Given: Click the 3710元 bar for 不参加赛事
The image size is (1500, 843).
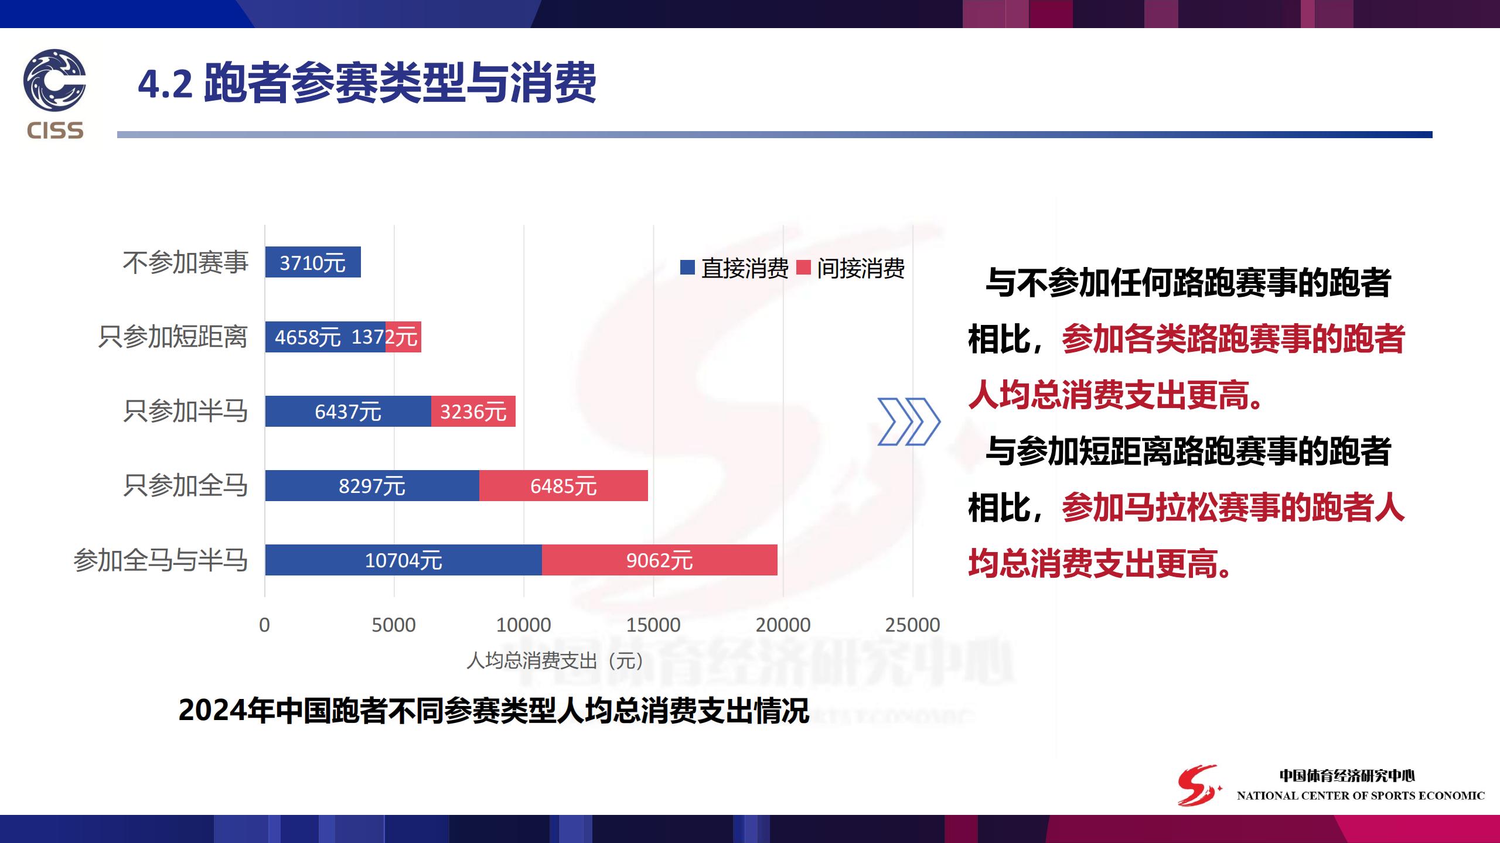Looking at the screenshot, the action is pos(313,262).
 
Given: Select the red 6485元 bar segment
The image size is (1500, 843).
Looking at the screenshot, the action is pos(564,485).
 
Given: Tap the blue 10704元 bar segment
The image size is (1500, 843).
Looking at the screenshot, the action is pos(404,560).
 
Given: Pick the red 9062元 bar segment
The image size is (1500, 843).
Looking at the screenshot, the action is pos(660,560).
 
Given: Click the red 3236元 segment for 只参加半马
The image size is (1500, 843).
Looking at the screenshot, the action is pos(473,411).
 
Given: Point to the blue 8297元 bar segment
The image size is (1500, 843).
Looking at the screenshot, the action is pos(372,485).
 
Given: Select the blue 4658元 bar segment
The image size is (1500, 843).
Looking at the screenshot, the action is pos(325,337).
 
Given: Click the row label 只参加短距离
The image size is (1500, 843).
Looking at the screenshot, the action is pos(173,337).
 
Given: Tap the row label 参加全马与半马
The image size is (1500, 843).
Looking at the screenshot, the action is pos(161,560).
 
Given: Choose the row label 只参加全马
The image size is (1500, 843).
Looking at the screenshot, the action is pos(185,485).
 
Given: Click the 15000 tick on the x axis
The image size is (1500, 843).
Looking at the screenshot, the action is pos(653,625).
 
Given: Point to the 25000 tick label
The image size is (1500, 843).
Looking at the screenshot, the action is pos(912,625).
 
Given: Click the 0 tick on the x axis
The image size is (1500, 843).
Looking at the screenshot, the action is pos(264,625).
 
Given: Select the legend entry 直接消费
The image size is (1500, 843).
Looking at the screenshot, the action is pos(734,268).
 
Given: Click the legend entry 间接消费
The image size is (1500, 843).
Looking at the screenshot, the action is pos(851,268).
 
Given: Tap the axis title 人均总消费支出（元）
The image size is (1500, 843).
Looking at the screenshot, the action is pos(555,660).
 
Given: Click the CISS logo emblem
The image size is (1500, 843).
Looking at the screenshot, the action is pos(54,80).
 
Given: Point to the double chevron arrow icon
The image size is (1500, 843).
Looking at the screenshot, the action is pos(908,421).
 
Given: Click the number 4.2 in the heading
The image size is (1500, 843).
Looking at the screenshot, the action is pos(165,84).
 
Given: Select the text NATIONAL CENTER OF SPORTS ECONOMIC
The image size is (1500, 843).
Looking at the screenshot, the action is pos(1361,796).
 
